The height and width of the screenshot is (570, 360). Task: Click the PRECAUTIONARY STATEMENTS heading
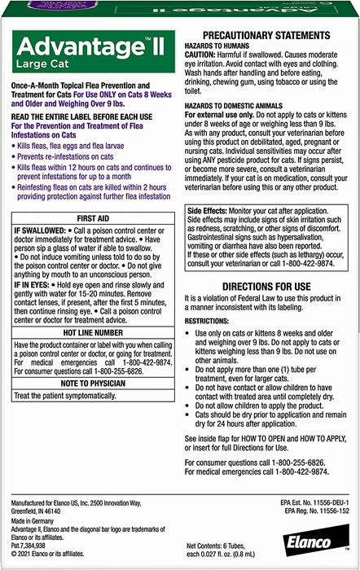(269, 36)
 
